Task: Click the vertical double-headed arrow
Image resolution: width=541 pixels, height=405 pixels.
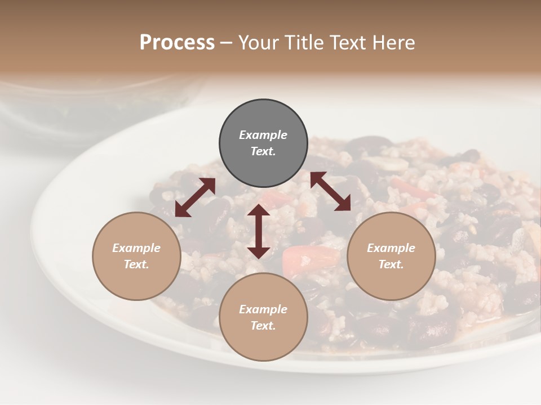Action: pyautogui.click(x=259, y=231)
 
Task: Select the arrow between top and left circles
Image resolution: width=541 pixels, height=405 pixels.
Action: pyautogui.click(x=195, y=197)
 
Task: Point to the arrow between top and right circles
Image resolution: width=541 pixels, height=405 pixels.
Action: pyautogui.click(x=330, y=191)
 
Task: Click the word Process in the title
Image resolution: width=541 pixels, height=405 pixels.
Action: pyautogui.click(x=177, y=42)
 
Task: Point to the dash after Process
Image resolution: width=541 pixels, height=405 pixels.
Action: pyautogui.click(x=227, y=43)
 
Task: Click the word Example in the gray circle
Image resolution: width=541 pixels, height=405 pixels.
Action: pyautogui.click(x=263, y=135)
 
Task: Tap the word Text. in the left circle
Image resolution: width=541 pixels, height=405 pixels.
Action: pyautogui.click(x=136, y=264)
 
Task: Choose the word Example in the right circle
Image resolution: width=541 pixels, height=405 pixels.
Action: pyautogui.click(x=391, y=248)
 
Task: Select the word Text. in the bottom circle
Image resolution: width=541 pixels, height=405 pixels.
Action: pyautogui.click(x=263, y=326)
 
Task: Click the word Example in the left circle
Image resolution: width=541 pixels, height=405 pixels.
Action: pyautogui.click(x=136, y=248)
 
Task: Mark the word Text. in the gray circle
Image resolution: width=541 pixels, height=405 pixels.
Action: pyautogui.click(x=263, y=151)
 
